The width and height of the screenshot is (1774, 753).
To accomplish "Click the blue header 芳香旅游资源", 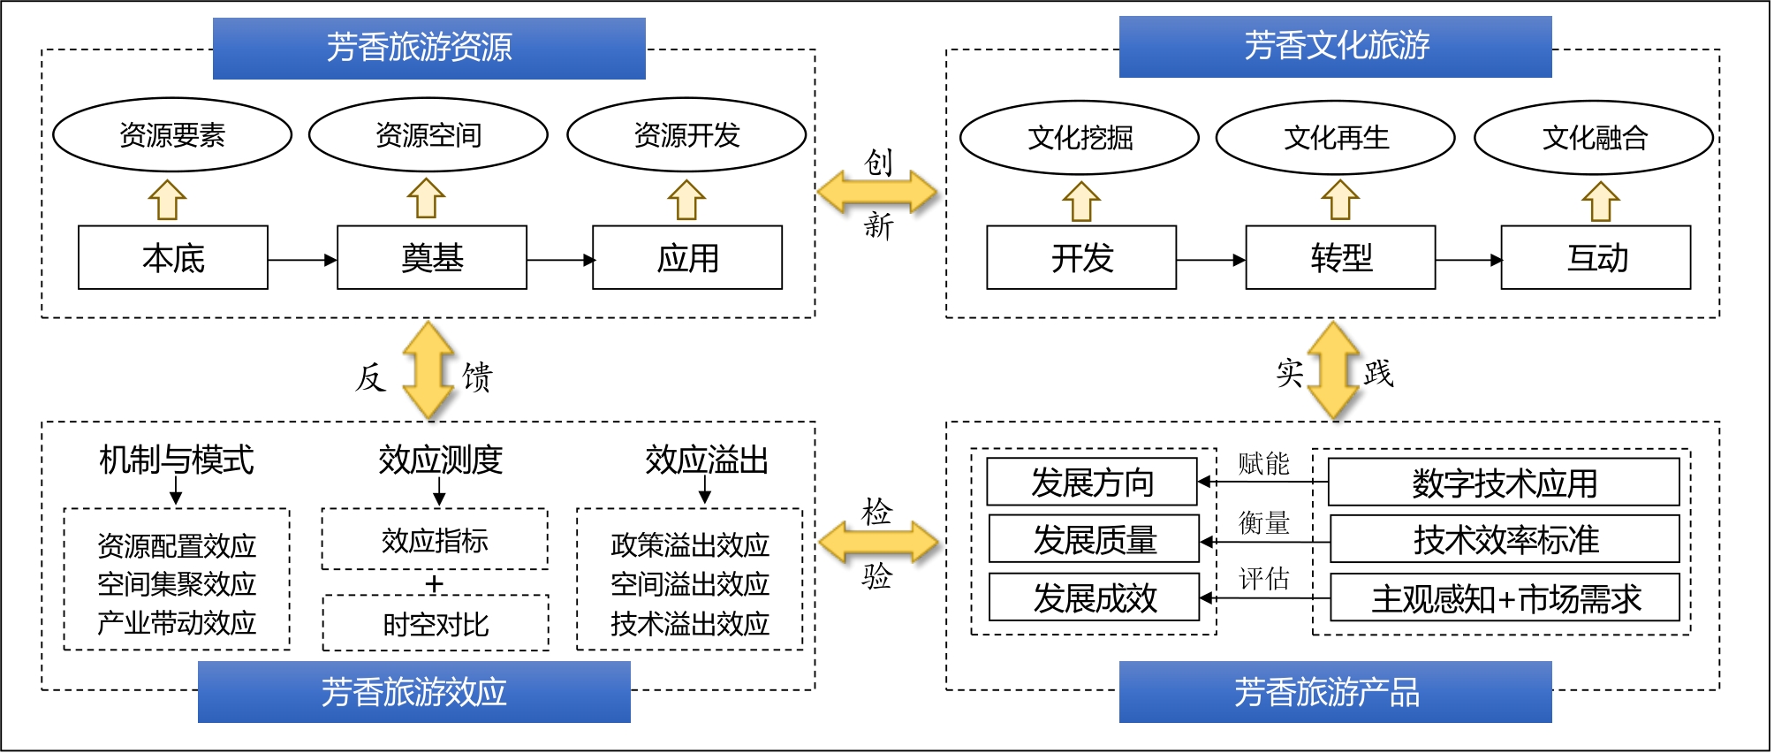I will [x=428, y=48].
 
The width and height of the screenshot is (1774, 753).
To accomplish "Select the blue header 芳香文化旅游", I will [x=1335, y=46].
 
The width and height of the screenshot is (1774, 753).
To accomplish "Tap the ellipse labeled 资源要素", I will [x=172, y=135].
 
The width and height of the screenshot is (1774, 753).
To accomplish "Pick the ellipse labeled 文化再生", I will [x=1335, y=138].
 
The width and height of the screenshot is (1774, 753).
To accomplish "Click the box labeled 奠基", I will [x=431, y=258].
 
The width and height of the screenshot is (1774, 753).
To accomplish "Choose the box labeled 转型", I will [x=1340, y=258].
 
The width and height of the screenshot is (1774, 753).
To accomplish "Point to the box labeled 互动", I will [x=1596, y=258].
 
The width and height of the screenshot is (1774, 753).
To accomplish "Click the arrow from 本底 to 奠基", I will [x=301, y=260].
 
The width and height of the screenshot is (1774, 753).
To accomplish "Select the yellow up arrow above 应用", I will [x=686, y=200].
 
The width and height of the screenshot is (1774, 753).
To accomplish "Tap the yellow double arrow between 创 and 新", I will [x=876, y=192].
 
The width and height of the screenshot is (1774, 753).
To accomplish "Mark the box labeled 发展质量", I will [x=1094, y=539].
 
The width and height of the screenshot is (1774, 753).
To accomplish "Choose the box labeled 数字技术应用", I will [x=1504, y=483].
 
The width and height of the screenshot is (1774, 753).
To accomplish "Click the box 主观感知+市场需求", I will [x=1505, y=598].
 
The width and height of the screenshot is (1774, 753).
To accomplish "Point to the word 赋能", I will [x=1263, y=463].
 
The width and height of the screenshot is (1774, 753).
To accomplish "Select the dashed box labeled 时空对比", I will [x=436, y=624].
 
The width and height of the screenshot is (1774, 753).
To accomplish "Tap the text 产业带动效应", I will [x=177, y=622].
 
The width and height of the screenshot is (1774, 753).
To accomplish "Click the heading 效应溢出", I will [x=706, y=460].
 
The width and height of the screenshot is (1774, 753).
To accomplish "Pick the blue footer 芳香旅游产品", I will [x=1335, y=692].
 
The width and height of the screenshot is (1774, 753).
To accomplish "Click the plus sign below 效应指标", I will [x=434, y=584].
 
